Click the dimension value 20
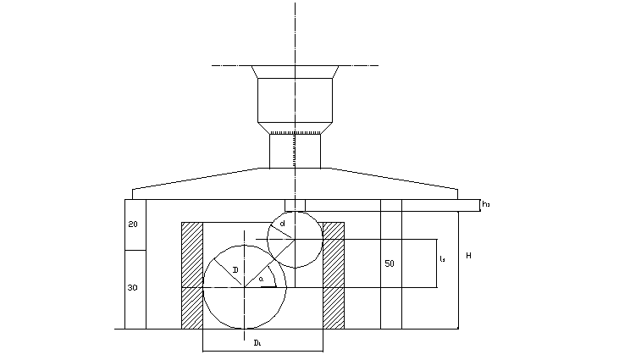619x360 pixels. click(x=134, y=224)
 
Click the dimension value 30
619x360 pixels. click(x=133, y=288)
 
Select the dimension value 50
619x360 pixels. click(x=390, y=263)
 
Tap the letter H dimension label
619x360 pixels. click(x=468, y=255)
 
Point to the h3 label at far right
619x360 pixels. click(x=486, y=204)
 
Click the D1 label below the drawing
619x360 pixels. click(x=258, y=342)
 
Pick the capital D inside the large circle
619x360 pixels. click(x=235, y=269)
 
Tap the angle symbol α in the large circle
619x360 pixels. click(x=262, y=279)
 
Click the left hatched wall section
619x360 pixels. click(x=192, y=275)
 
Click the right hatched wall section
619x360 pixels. click(x=334, y=275)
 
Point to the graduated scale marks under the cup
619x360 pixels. click(x=296, y=133)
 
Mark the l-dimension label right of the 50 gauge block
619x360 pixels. click(x=442, y=259)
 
